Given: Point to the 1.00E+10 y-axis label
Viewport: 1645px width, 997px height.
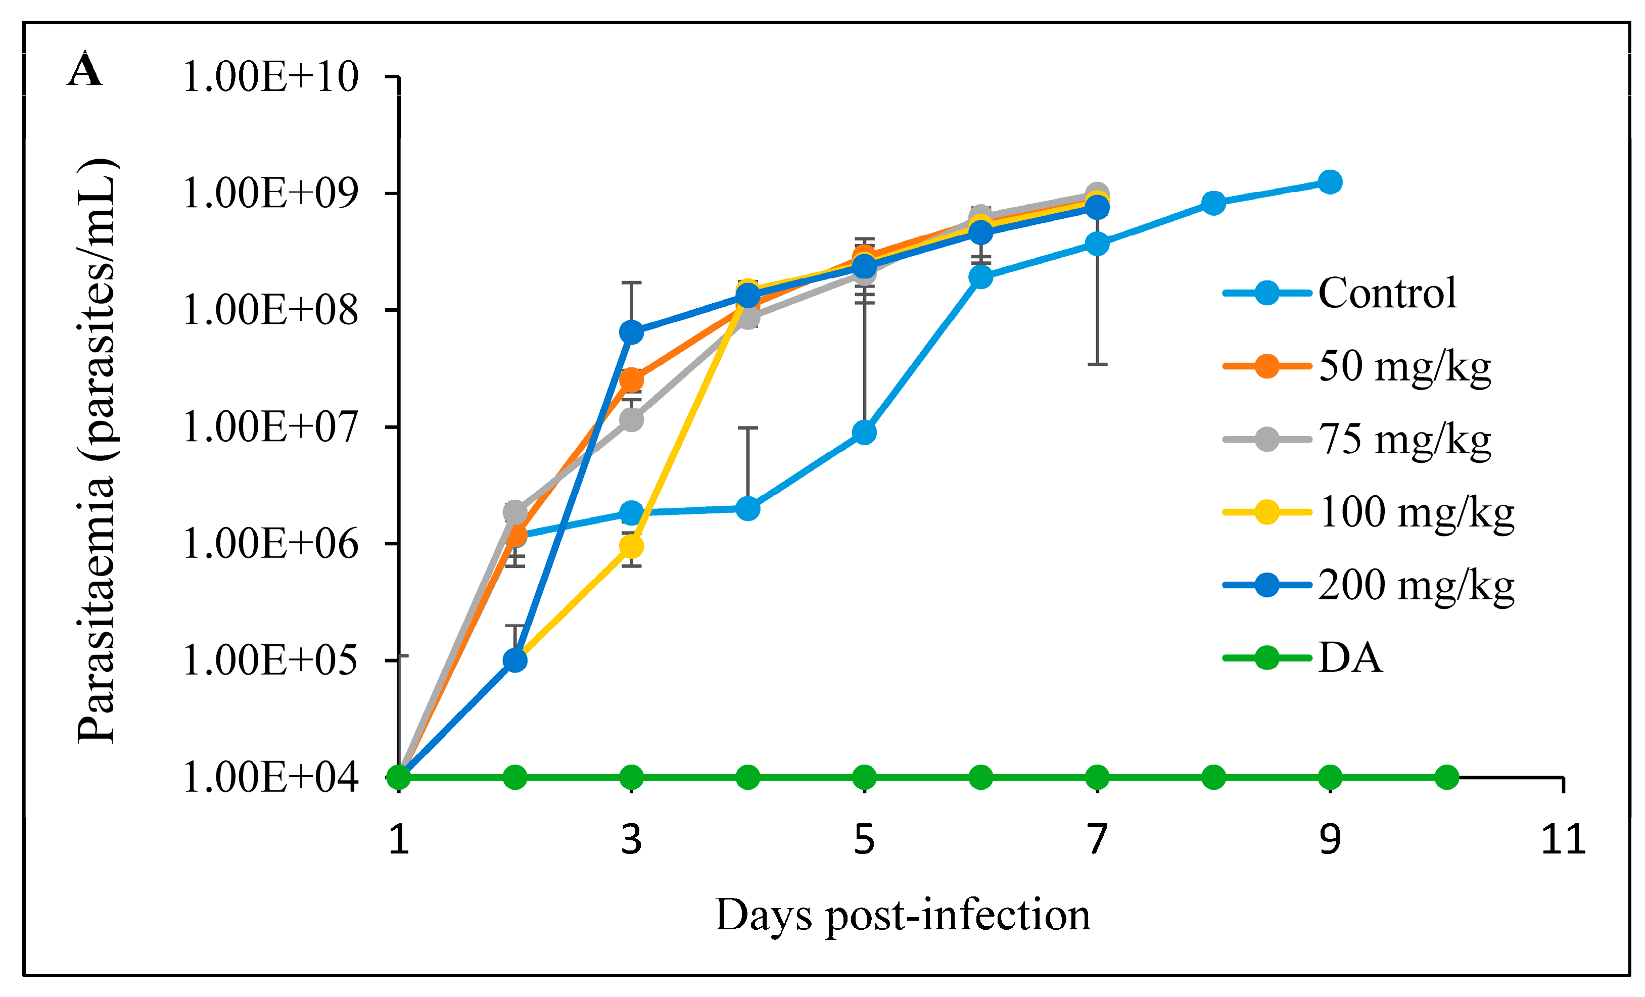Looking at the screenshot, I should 270,77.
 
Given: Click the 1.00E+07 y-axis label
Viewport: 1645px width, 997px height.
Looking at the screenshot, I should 270,427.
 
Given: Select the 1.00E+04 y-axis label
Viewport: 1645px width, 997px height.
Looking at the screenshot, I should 270,778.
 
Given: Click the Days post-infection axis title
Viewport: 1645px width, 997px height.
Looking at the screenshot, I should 903,915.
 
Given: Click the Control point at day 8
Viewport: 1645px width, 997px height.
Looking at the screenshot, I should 1214,203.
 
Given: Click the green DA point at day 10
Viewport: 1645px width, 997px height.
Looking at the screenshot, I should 1446,778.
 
